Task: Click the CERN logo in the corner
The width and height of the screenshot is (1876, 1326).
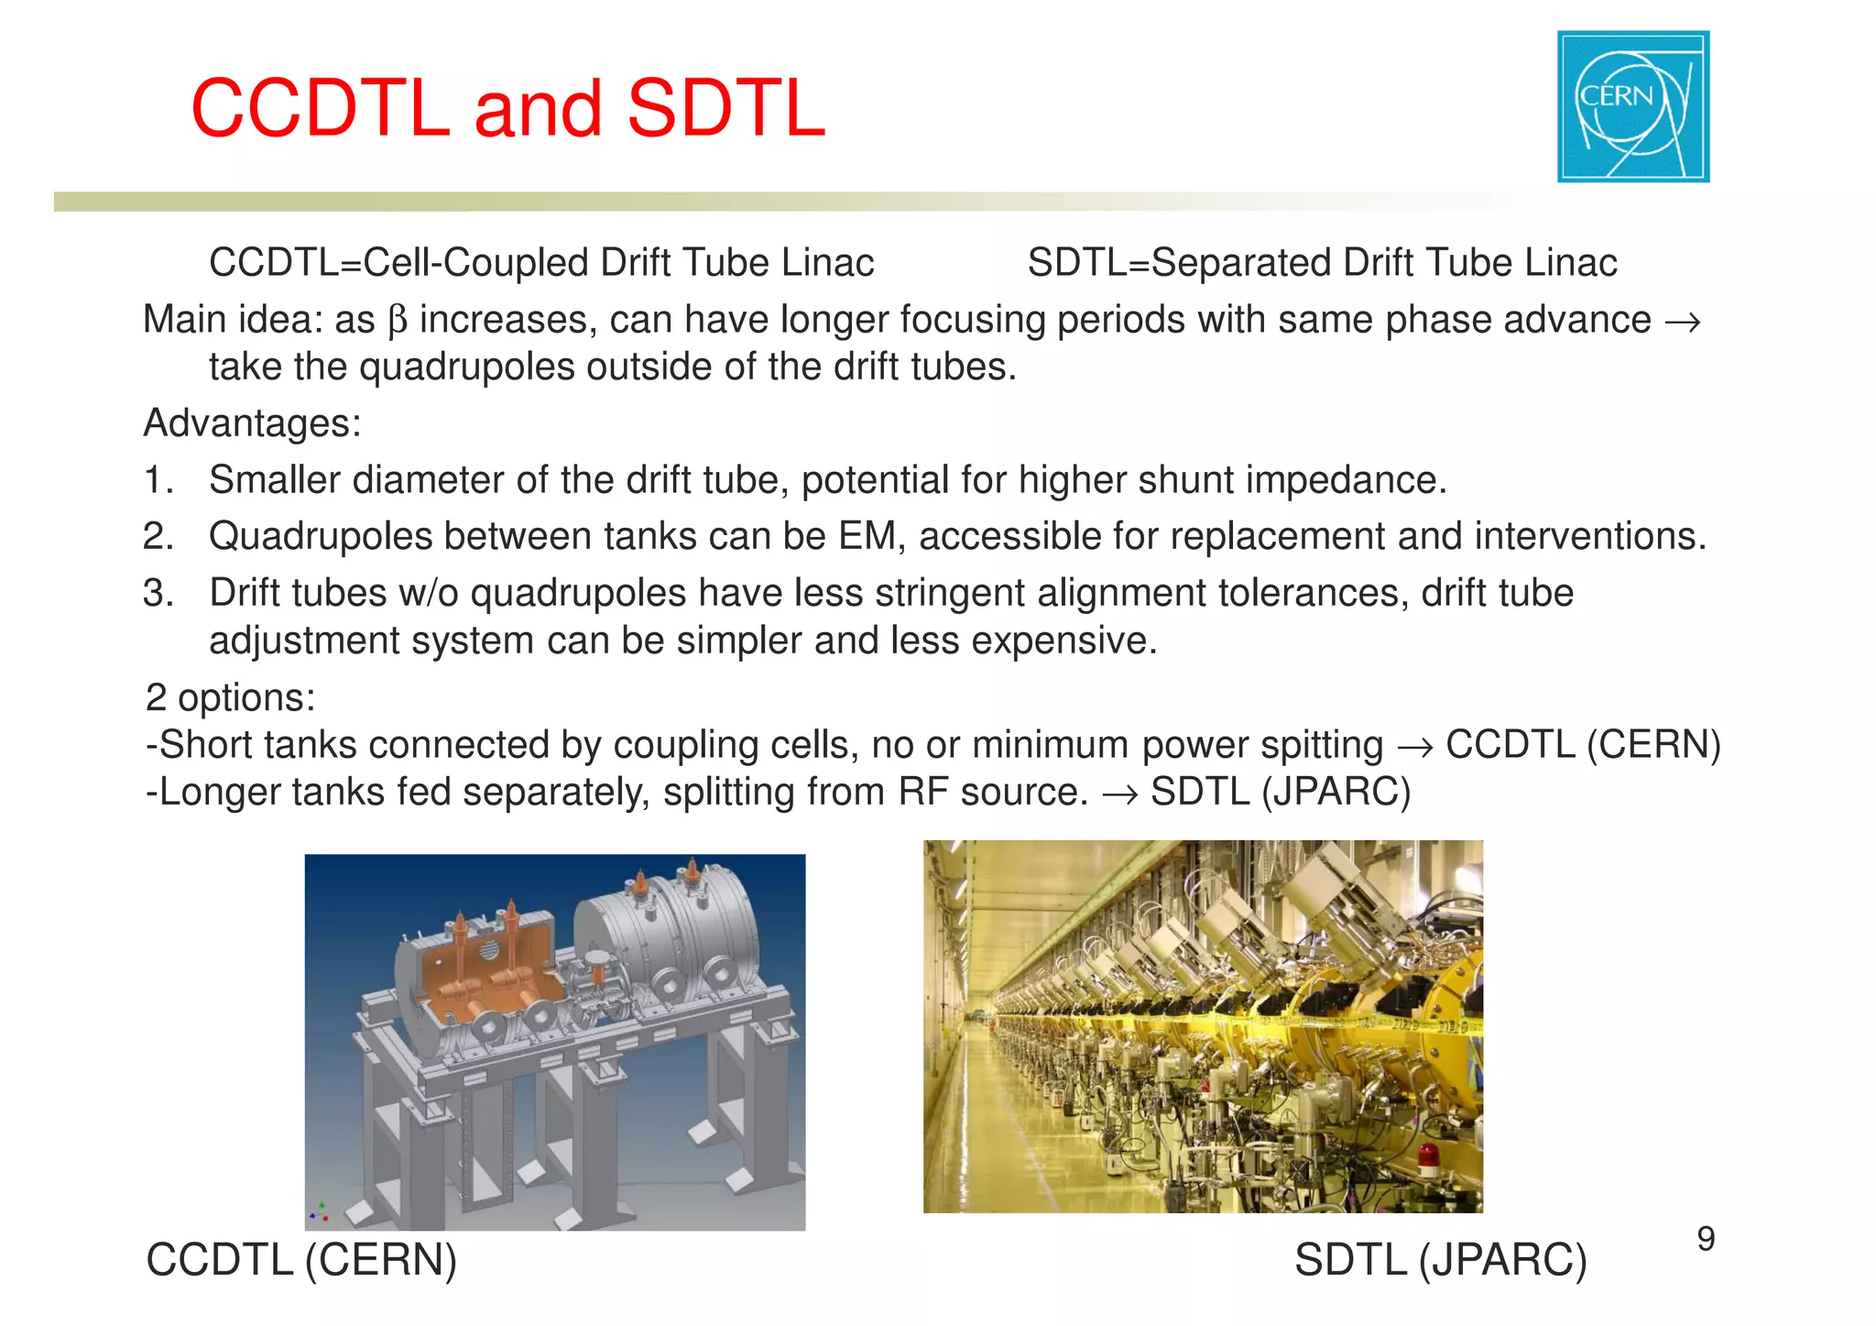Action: pyautogui.click(x=1632, y=106)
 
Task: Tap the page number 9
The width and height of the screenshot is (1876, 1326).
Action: pyautogui.click(x=1705, y=1239)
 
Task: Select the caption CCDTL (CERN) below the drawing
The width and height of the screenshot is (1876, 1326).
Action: pyautogui.click(x=301, y=1259)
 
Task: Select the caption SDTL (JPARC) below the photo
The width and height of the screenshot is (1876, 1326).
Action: pyautogui.click(x=1440, y=1259)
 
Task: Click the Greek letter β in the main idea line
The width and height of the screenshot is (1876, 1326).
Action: pyautogui.click(x=397, y=321)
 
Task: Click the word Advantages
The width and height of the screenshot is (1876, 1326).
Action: pyautogui.click(x=252, y=423)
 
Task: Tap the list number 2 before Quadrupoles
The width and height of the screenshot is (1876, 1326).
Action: pyautogui.click(x=157, y=536)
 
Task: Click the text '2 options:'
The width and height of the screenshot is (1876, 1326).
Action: pyautogui.click(x=230, y=697)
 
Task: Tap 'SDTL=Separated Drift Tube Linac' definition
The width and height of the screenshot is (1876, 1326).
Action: pyautogui.click(x=1322, y=263)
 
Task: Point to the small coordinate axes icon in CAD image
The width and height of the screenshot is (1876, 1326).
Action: pyautogui.click(x=319, y=1213)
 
